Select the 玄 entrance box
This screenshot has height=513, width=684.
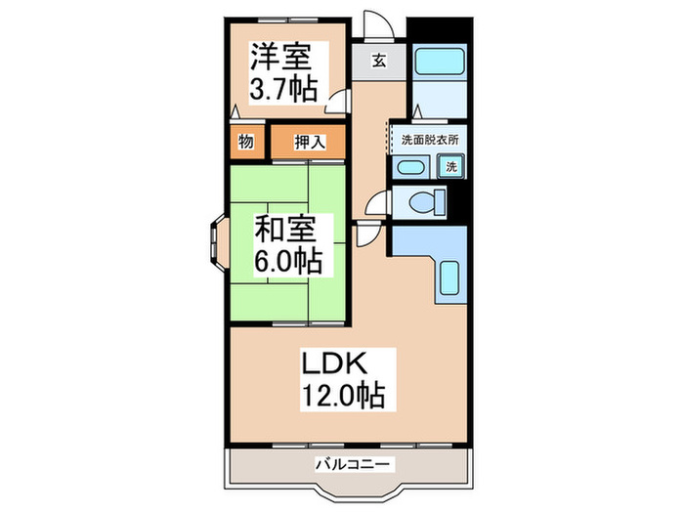tap(377, 60)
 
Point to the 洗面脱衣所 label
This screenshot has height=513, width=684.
tap(429, 139)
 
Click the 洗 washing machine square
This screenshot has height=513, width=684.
tap(450, 166)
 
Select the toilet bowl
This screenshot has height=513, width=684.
tap(421, 203)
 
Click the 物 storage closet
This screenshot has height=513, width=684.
tap(246, 142)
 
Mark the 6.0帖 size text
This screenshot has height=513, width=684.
tap(288, 261)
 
